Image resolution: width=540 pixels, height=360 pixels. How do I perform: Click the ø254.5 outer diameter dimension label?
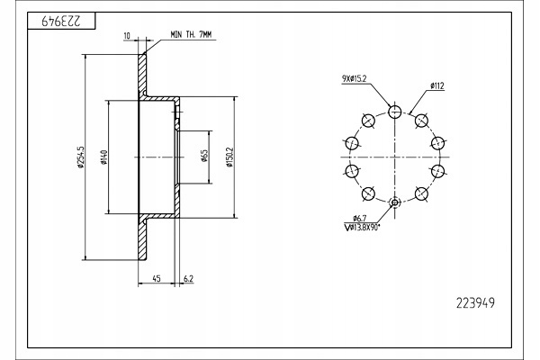[x=81, y=157]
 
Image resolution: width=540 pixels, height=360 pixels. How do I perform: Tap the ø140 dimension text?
[x=104, y=157]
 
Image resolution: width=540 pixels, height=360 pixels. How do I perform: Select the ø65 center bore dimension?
[x=204, y=156]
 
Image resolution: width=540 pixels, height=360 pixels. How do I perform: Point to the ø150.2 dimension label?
[x=229, y=157]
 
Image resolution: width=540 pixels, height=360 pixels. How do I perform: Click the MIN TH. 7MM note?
[x=191, y=35]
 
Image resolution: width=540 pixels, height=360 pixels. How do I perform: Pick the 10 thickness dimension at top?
[x=127, y=36]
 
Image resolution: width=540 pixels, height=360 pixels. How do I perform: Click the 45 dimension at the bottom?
[x=157, y=278]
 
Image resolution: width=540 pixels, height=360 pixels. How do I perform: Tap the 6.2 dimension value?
[x=188, y=278]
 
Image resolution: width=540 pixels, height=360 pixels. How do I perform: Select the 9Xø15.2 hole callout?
[x=354, y=79]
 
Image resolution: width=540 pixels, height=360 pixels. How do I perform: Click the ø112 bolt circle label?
[x=437, y=85]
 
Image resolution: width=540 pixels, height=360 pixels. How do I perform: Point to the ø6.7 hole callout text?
[x=359, y=218]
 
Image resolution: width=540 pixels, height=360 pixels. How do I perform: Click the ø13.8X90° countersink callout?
[x=362, y=227]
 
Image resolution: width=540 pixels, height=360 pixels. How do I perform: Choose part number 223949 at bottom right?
[x=475, y=302]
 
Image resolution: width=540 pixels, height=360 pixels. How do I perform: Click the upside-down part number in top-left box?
[x=61, y=22]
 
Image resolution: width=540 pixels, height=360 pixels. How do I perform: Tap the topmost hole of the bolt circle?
[x=395, y=112]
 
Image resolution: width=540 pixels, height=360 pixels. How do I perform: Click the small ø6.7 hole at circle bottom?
[x=395, y=202]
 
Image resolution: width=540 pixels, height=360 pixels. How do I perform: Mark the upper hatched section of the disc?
[x=142, y=75]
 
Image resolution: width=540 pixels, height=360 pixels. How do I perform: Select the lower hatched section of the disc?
[x=142, y=238]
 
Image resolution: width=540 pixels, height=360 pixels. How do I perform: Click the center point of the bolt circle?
[x=395, y=157]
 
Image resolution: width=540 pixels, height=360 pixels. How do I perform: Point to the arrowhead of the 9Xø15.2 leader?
[x=391, y=106]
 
